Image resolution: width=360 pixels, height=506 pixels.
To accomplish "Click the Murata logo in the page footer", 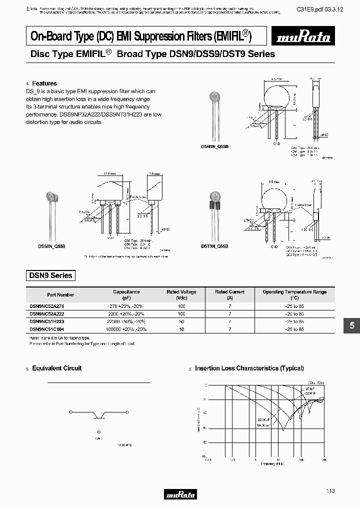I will tap(180, 494).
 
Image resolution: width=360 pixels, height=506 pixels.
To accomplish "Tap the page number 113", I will tap(330, 491).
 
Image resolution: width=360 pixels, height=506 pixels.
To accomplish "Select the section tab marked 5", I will tap(351, 325).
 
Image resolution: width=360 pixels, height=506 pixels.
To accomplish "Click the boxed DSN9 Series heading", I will tap(50, 275).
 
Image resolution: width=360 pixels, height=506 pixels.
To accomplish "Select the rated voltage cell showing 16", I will tap(181, 329).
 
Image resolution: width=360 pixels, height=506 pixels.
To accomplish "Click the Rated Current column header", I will tap(229, 294).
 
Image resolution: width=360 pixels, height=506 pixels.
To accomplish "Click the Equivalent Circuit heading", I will tap(56, 368).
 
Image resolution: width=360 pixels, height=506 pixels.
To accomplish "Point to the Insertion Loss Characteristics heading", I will tap(249, 368).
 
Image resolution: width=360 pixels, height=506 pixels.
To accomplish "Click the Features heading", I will tap(44, 83).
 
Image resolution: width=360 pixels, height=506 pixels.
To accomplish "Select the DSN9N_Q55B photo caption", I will tap(214, 146).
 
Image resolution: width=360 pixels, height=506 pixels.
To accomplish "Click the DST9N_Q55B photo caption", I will tap(214, 246).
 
